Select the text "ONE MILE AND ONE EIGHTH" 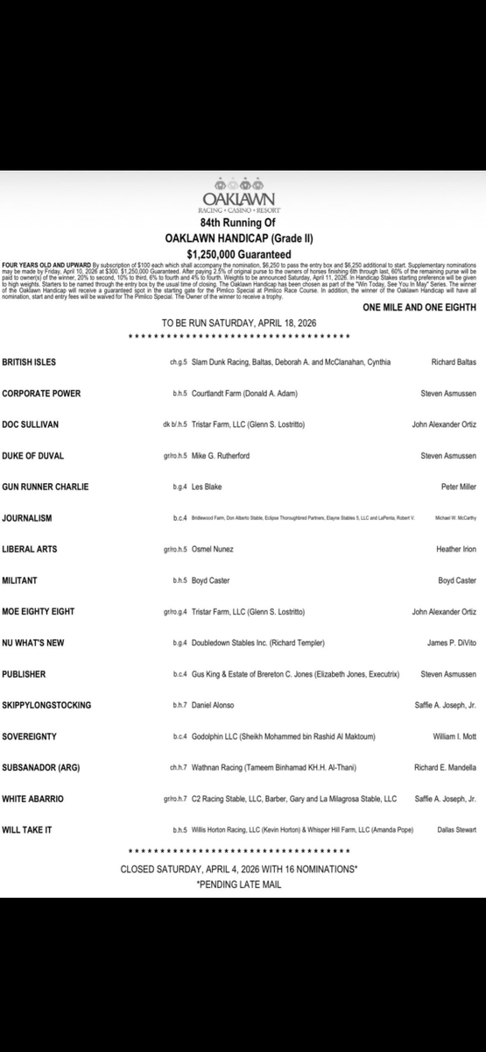point(419,308)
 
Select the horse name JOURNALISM point(26,518)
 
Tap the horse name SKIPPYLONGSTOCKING point(46,705)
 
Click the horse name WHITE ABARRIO point(33,799)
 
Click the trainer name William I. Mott point(445,736)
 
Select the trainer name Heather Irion point(450,549)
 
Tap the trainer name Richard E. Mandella point(444,768)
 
